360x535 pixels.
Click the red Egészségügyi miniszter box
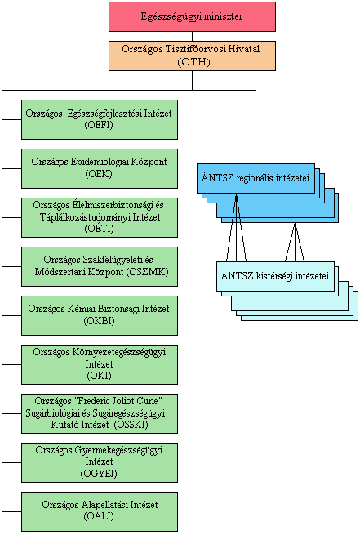193,16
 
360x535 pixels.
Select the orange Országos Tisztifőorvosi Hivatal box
193,56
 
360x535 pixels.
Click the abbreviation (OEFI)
99,125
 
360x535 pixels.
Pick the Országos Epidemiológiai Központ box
100,168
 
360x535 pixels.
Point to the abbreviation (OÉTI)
99,228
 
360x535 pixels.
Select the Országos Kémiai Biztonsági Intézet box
100,315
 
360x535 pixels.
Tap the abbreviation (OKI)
99,376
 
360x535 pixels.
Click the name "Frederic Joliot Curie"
111,400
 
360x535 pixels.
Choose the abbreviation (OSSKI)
131,425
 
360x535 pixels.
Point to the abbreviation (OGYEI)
99,474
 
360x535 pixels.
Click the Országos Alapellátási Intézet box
100,511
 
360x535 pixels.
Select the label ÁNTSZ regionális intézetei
256,178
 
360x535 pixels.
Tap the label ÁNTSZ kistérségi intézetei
275,276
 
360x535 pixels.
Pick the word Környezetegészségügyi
119,352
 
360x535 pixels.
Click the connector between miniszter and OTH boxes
193,37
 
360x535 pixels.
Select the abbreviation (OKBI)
100,321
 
